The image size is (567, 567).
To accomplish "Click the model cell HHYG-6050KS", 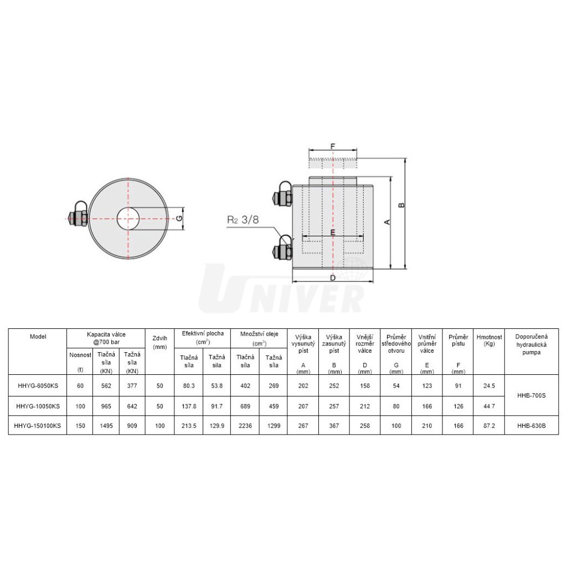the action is [x=38, y=386].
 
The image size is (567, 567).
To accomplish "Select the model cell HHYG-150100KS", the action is [x=38, y=426].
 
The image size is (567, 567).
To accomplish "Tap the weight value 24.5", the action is [x=489, y=386].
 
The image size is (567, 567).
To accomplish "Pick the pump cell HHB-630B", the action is [x=531, y=426].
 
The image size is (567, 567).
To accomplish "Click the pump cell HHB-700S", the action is [x=531, y=395].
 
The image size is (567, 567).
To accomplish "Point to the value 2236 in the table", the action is [x=245, y=426].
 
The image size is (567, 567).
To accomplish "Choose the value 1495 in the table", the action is [x=106, y=426].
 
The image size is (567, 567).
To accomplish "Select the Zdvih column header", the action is [x=160, y=342].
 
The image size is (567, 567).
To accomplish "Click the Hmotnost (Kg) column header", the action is [x=489, y=341].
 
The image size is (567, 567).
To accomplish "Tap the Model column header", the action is [x=38, y=337].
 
